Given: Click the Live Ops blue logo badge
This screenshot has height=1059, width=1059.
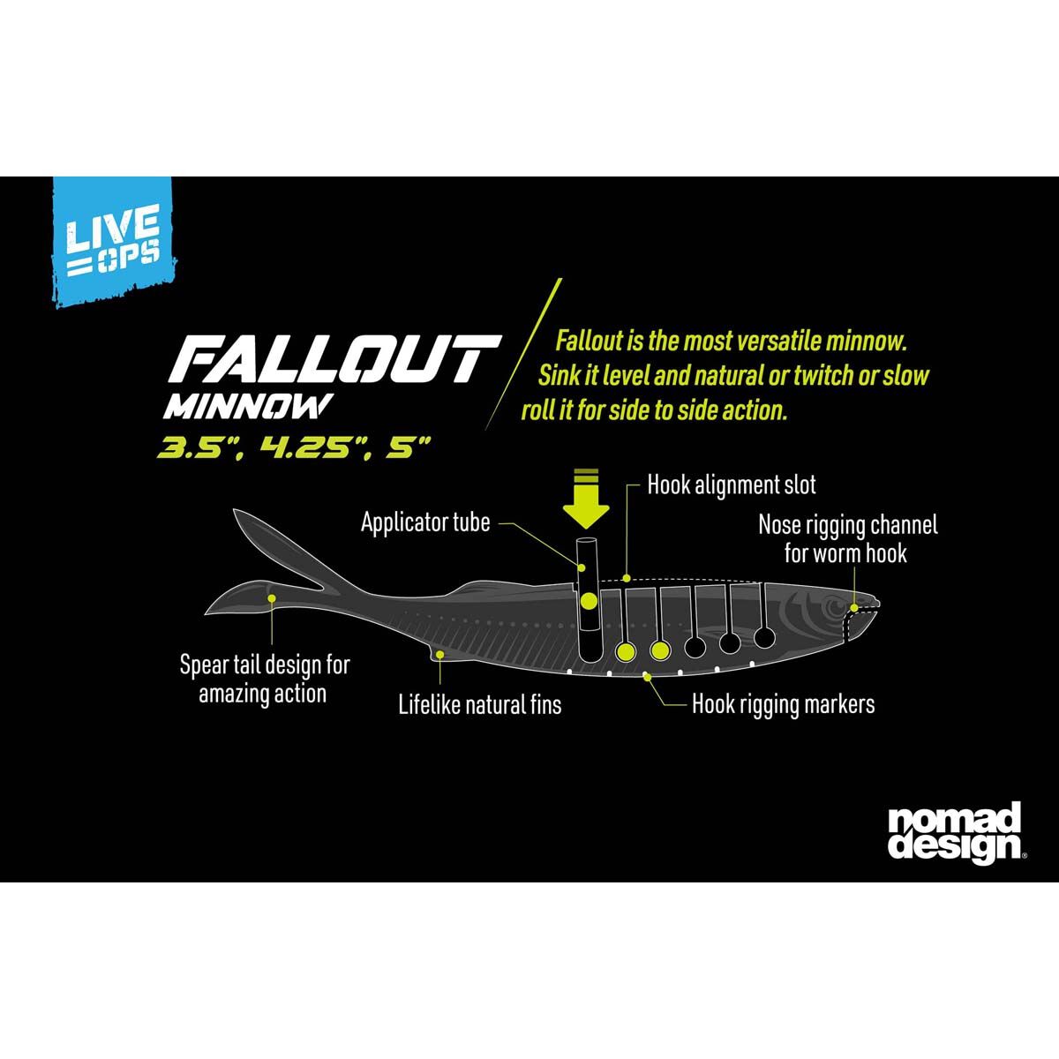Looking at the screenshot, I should (112, 240).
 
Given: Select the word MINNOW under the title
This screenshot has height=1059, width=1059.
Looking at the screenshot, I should (248, 407).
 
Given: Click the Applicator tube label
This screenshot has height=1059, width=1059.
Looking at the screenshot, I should (425, 522).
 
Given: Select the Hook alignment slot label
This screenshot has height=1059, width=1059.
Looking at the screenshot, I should (732, 484).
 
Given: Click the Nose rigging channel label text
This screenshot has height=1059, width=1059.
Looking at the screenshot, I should (847, 538).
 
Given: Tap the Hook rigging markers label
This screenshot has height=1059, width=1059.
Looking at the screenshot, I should (783, 704).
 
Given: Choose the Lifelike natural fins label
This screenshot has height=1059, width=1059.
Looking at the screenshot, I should (479, 704).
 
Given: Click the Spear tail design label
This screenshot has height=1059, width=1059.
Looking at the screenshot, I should (264, 679).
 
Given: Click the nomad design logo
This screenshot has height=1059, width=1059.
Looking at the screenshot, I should (954, 831).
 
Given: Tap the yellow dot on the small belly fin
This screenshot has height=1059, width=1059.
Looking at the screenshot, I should (440, 654).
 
